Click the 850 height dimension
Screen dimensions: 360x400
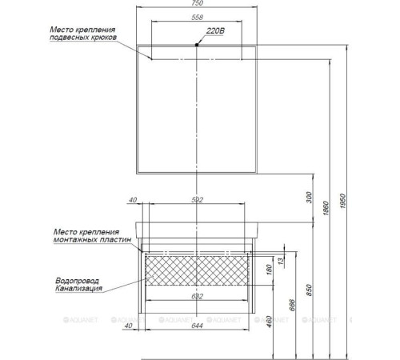[x=308, y=287]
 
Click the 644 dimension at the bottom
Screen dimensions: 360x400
[x=197, y=325]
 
